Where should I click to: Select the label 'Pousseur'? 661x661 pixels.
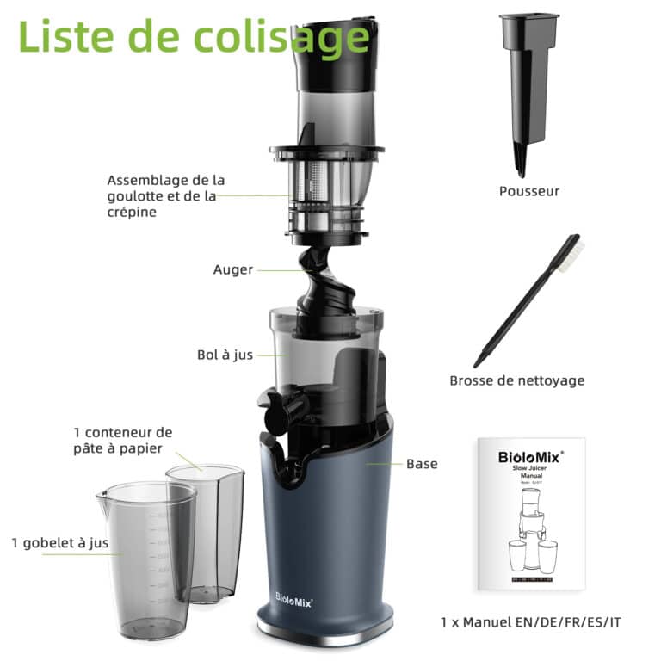tap(528, 191)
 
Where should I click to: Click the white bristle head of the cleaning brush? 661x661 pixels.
tap(570, 251)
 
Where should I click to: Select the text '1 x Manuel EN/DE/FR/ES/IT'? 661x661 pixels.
tap(529, 621)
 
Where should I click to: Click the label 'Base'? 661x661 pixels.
tap(422, 464)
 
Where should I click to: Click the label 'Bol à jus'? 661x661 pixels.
tap(225, 355)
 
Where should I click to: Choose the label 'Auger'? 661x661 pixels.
tap(233, 269)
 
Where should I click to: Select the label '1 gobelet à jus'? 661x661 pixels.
tap(60, 542)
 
